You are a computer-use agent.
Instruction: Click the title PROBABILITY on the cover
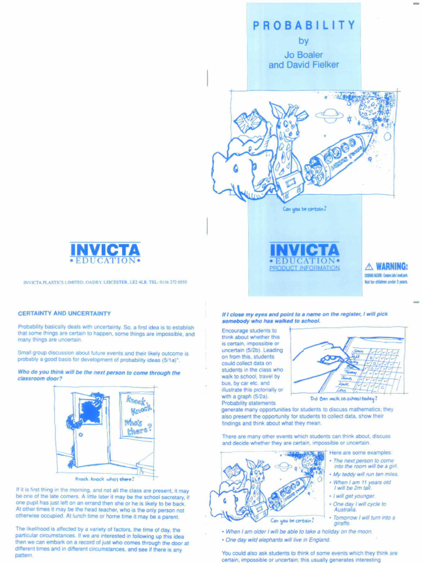(303, 25)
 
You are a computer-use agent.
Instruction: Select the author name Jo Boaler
(303, 55)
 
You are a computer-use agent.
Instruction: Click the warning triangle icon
(369, 267)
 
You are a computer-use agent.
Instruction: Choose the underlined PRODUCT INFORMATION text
(304, 268)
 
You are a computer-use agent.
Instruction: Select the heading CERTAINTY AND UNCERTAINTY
(64, 313)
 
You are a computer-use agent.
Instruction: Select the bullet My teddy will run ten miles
(365, 474)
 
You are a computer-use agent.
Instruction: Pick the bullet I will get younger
(354, 496)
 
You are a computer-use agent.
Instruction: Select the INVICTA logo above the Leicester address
(105, 250)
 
